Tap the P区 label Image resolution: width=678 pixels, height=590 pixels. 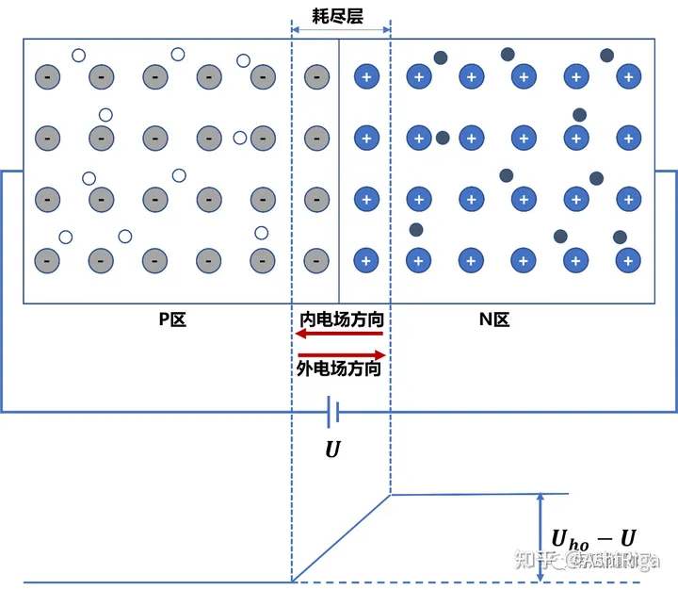172,320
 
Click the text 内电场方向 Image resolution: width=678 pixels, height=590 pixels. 340,320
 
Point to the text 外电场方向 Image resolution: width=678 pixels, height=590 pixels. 339,369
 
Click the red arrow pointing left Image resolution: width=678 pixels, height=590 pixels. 340,336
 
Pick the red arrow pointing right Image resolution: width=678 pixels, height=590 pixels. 341,354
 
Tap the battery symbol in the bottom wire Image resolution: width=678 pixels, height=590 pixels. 332,412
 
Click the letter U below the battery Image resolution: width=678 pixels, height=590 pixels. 332,451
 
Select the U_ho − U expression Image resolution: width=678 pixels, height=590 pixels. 593,538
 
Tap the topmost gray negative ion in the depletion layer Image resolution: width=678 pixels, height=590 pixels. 317,76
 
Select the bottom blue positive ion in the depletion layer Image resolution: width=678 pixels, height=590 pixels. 366,259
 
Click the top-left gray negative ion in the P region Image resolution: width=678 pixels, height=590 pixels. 47,76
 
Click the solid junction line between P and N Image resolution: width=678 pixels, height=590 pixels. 339,170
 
